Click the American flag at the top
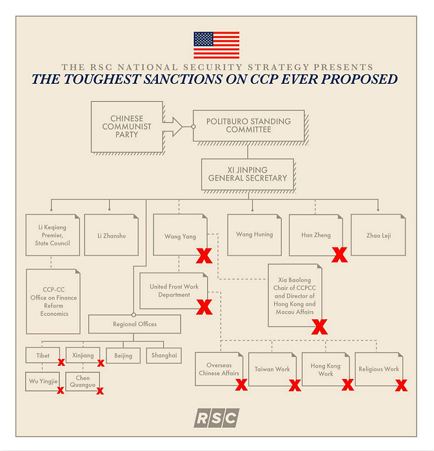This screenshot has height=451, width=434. point(217,45)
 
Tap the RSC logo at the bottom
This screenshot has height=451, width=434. point(217,417)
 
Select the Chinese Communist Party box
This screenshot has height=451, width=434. point(127,126)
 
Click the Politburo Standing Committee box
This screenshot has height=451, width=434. point(249,126)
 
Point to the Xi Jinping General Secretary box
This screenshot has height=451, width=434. point(248,175)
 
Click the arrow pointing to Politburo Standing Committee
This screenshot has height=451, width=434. point(173,126)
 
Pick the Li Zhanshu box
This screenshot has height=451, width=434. point(112,235)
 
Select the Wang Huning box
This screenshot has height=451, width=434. point(255,235)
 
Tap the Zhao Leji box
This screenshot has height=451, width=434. point(378,235)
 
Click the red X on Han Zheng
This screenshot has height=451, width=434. point(340,255)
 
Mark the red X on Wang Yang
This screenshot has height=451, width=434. point(204,256)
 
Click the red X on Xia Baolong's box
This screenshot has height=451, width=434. point(319,327)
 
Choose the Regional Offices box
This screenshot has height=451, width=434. point(135,324)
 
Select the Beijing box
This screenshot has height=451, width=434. point(123,356)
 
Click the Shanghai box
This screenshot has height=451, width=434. point(164,356)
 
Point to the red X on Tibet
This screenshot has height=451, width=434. point(61,362)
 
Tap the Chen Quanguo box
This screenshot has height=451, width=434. point(83,381)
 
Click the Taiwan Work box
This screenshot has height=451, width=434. point(272,369)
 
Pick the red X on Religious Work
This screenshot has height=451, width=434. point(401,385)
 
